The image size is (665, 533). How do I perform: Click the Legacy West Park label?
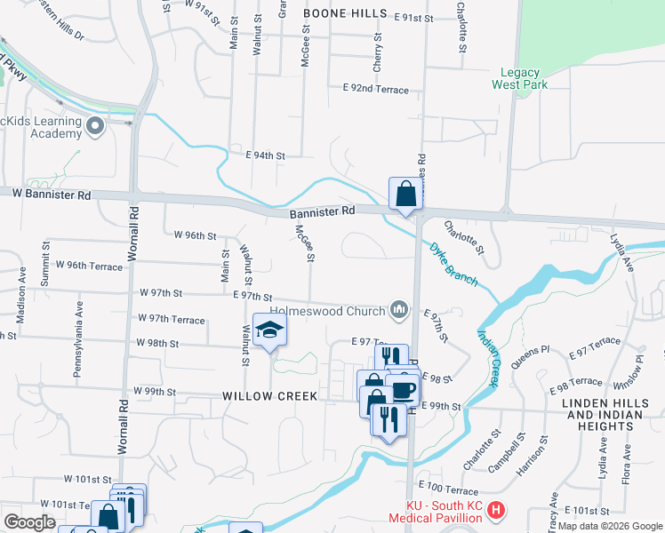(x=520, y=78)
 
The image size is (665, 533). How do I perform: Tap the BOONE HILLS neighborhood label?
(x=346, y=13)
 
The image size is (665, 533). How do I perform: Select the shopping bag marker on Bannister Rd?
(x=405, y=194)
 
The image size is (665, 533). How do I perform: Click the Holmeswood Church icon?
(x=400, y=310)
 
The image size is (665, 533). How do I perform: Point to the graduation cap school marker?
(x=269, y=331)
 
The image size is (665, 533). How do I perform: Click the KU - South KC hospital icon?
(x=497, y=512)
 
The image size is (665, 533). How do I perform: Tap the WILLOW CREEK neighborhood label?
(x=269, y=395)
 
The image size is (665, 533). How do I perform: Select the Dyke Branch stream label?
(x=453, y=265)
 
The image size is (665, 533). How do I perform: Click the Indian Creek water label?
(x=489, y=358)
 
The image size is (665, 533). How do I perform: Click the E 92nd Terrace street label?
(x=375, y=90)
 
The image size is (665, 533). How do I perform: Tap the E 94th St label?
(x=265, y=155)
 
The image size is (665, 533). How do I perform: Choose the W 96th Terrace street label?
(x=89, y=265)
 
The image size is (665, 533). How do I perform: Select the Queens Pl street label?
(x=533, y=357)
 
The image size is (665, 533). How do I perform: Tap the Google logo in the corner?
(x=29, y=522)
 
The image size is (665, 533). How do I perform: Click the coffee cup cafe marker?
(x=403, y=389)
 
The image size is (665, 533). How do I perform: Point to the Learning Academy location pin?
(x=97, y=127)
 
